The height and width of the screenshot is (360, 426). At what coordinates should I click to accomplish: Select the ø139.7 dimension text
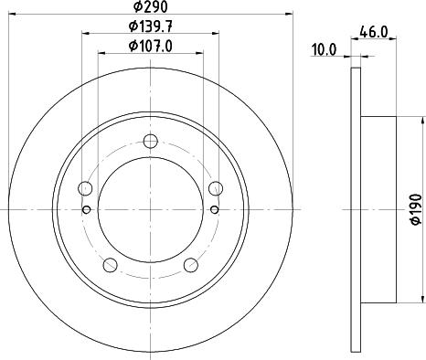151,28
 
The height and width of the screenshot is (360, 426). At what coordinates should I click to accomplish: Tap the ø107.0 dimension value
151,46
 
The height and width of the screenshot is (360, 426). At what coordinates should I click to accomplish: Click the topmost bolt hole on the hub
151,142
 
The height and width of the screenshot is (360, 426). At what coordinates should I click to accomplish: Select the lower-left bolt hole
111,265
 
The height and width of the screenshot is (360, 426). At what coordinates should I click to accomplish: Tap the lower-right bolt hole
191,265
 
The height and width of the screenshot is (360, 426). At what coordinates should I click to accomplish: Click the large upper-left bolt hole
86,189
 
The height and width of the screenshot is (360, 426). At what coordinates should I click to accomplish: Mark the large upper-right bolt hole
216,189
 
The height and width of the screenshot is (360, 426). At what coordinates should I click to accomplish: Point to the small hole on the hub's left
87,210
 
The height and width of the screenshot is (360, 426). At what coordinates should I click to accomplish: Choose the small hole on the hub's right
215,210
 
